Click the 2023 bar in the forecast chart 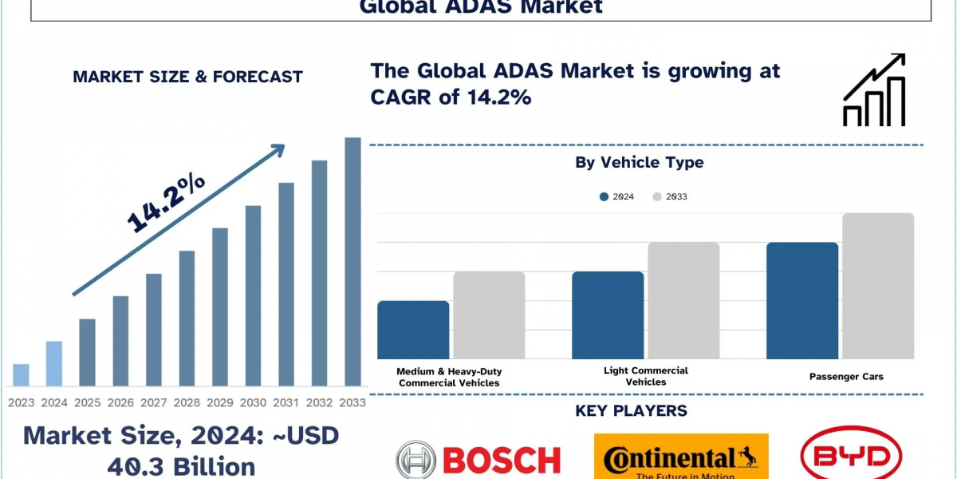coord(22,375)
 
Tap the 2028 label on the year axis coord(187,402)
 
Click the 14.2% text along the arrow coord(166,204)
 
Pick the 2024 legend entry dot coord(605,196)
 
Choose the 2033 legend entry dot coord(657,196)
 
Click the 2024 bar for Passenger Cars coord(802,301)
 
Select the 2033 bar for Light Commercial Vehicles coord(683,301)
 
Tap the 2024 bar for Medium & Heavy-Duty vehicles coord(413,330)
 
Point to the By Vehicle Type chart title coord(640,162)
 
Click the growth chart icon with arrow coord(874,90)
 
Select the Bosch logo coord(478,459)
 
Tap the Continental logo coord(681,457)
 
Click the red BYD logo coord(850,456)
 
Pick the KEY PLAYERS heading coord(631,411)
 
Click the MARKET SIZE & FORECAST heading coord(187,77)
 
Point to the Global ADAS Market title coord(481,8)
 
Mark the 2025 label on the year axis coord(87,402)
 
